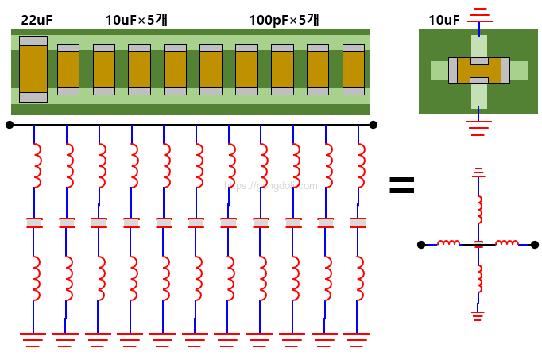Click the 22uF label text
click(x=37, y=20)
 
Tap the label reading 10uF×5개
click(x=141, y=20)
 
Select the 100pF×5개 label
click(x=284, y=20)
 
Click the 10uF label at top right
click(x=443, y=20)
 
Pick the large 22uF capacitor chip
click(x=33, y=69)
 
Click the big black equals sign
click(x=401, y=186)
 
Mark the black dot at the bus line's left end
click(x=10, y=125)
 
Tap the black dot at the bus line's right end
click(x=373, y=125)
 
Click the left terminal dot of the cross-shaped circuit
click(x=421, y=244)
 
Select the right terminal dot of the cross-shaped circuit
click(x=535, y=244)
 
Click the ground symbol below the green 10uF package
click(x=478, y=126)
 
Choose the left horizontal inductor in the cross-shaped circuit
click(x=449, y=243)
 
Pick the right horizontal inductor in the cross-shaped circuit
click(x=507, y=243)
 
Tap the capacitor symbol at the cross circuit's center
click(x=478, y=244)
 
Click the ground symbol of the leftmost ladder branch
click(x=33, y=339)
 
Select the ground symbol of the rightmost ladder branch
click(x=357, y=339)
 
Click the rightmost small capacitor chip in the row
click(x=353, y=69)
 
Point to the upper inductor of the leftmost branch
click(x=36, y=164)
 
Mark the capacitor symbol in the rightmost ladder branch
click(x=358, y=222)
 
